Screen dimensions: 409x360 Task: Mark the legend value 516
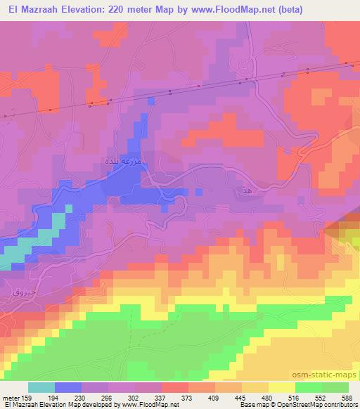pyautogui.click(x=303, y=398)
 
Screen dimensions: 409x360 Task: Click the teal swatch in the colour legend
pyautogui.click(x=41, y=387)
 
